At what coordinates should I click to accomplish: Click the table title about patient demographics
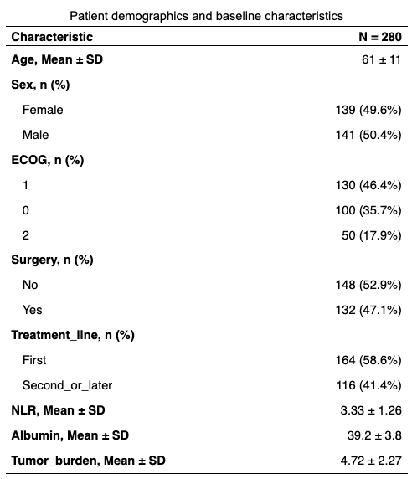coord(206,16)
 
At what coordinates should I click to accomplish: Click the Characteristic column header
coord(52,37)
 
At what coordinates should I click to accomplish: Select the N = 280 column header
coord(380,37)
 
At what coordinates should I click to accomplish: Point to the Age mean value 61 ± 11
coord(381,59)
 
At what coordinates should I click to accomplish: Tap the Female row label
coord(43,110)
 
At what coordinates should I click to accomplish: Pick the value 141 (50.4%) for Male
coord(368,135)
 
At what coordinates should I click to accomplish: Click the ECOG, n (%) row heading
coord(48,160)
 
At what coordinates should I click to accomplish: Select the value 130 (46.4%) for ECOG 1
coord(368,185)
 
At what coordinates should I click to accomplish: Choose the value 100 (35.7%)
coord(368,210)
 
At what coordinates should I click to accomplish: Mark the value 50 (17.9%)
coord(372,235)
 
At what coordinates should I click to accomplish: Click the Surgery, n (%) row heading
coord(52,260)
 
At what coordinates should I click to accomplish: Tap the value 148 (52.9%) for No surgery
coord(368,285)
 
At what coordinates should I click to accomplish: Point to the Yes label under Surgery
coord(33,310)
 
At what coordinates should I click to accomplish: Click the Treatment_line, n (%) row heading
coord(73,335)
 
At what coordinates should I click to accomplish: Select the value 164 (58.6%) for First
coord(368,360)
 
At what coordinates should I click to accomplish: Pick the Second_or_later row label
coord(68,385)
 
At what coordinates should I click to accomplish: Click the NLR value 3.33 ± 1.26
coord(371,410)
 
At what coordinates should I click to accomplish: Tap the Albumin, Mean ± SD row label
coord(70,435)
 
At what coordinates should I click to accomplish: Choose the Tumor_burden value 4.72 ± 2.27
coord(371,461)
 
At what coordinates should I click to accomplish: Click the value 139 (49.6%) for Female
coord(368,110)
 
